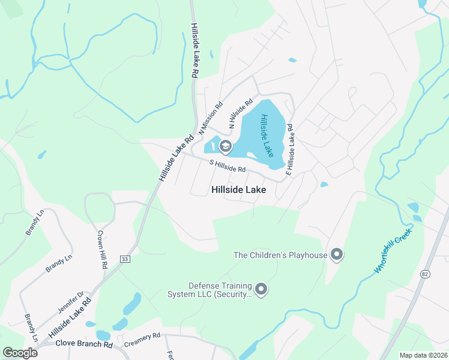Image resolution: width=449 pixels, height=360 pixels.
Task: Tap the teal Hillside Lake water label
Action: coord(267,136)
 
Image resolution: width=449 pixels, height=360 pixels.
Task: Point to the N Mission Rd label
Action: coord(211,117)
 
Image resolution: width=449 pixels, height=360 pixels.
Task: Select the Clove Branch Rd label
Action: coord(83,345)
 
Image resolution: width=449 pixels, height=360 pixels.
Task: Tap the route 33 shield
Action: coord(124,259)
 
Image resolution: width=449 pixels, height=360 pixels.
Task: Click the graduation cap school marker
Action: coord(226,146)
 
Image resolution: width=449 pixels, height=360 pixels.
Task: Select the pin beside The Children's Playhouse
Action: coord(337,255)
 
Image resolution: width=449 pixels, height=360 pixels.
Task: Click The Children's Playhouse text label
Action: coord(280,255)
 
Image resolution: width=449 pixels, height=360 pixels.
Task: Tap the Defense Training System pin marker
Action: coord(261,290)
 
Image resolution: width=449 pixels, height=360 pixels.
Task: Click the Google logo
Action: coord(20,353)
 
